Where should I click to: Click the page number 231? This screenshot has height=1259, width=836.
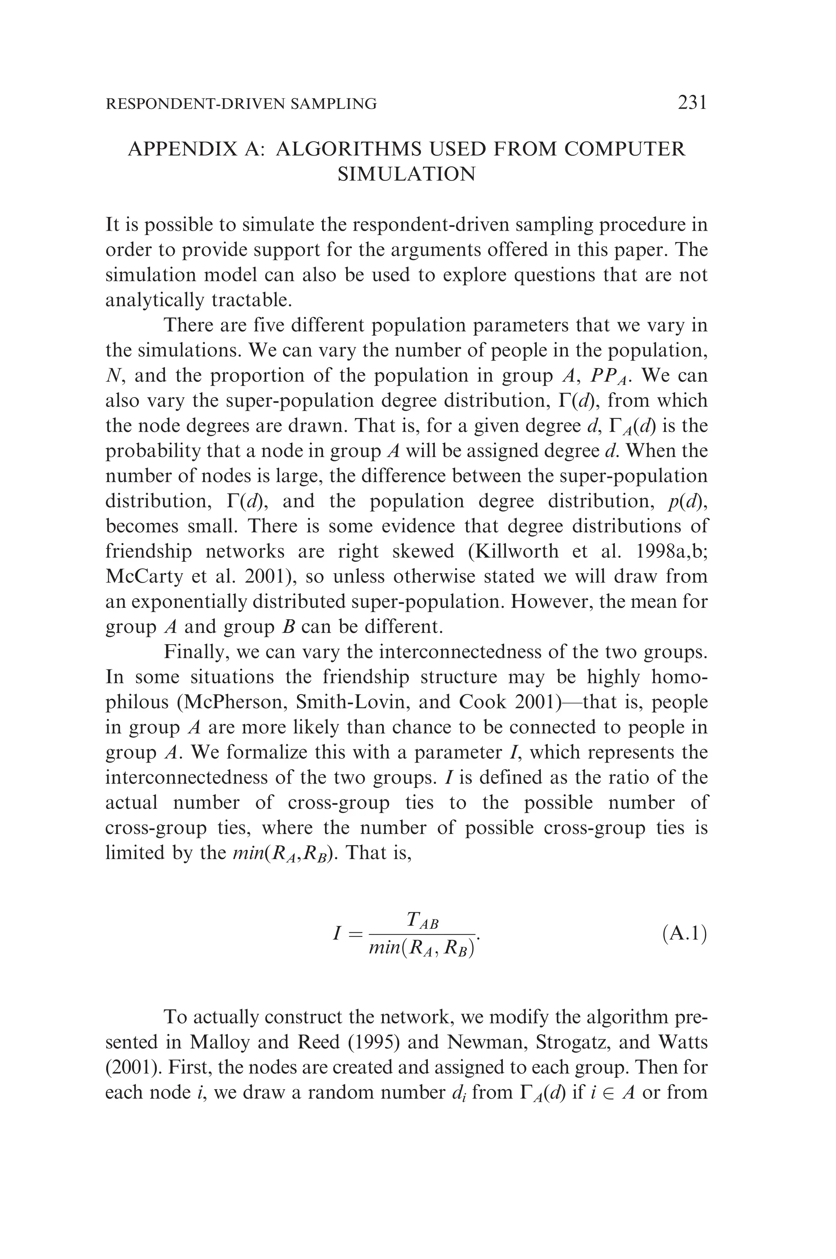pos(692,102)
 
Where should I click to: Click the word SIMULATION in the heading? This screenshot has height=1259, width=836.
pos(406,174)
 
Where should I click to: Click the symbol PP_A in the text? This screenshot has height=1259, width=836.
pos(609,376)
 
